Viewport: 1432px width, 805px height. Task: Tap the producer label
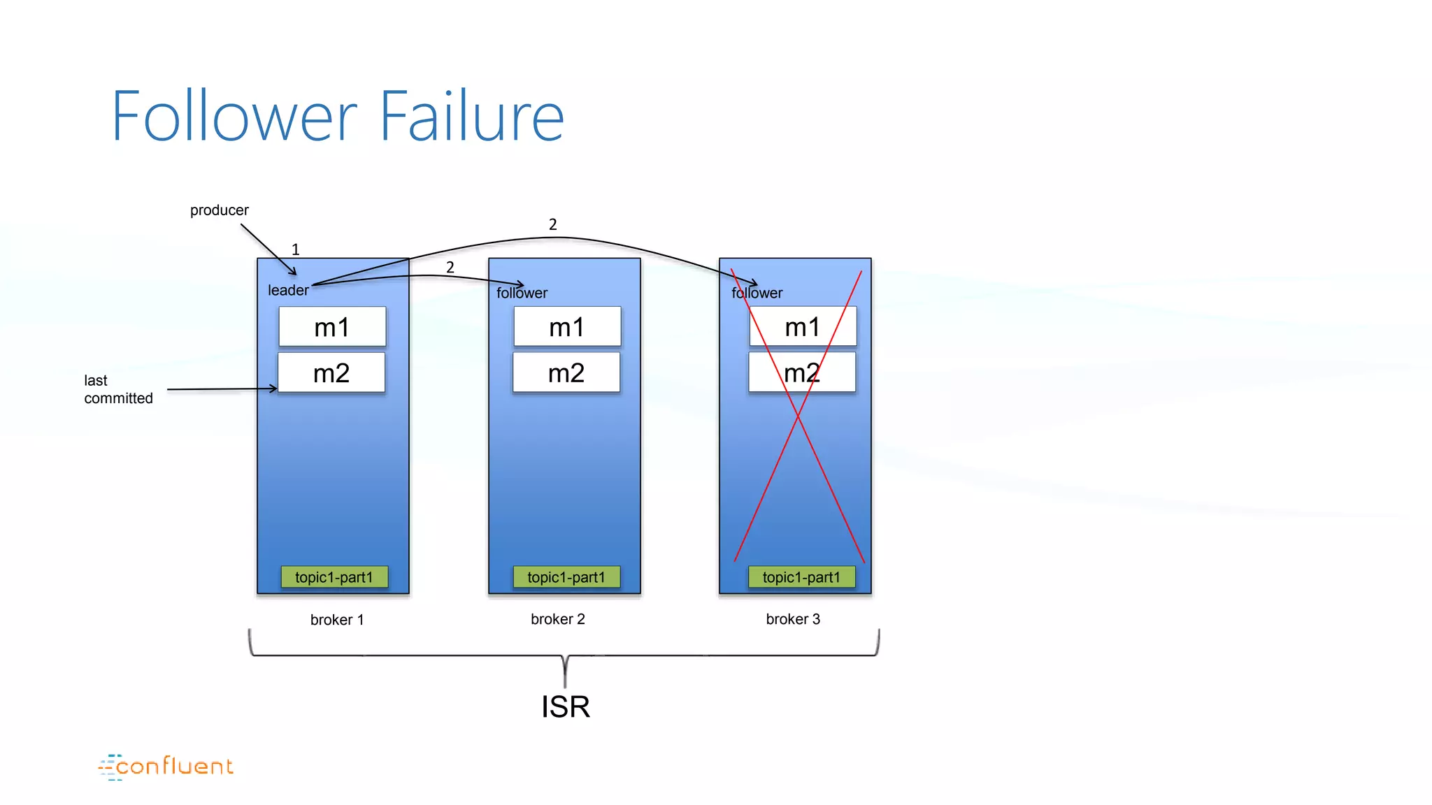pos(219,210)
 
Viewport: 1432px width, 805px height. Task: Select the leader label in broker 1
pos(288,290)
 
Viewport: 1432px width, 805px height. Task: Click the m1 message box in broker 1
pos(332,326)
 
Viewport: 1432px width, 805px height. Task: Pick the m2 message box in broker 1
pos(331,372)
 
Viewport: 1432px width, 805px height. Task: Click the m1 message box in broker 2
pos(567,326)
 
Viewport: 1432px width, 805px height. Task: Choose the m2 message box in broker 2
pos(566,372)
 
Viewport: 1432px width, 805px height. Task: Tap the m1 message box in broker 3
pos(803,326)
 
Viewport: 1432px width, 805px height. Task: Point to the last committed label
pos(118,389)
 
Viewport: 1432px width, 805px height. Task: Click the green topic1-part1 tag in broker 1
pos(334,577)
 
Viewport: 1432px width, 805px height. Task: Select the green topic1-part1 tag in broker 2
pos(566,577)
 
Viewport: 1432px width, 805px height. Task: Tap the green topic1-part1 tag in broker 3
pos(801,577)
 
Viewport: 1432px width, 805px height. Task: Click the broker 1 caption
pos(337,620)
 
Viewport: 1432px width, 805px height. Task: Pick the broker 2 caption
pos(558,619)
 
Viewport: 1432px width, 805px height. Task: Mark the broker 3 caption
pos(793,619)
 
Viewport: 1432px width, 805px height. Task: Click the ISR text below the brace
pos(566,707)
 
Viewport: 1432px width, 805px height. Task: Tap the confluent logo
pos(166,767)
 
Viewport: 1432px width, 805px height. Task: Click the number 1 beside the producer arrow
pos(296,249)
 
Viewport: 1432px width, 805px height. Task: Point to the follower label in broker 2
pos(522,293)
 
